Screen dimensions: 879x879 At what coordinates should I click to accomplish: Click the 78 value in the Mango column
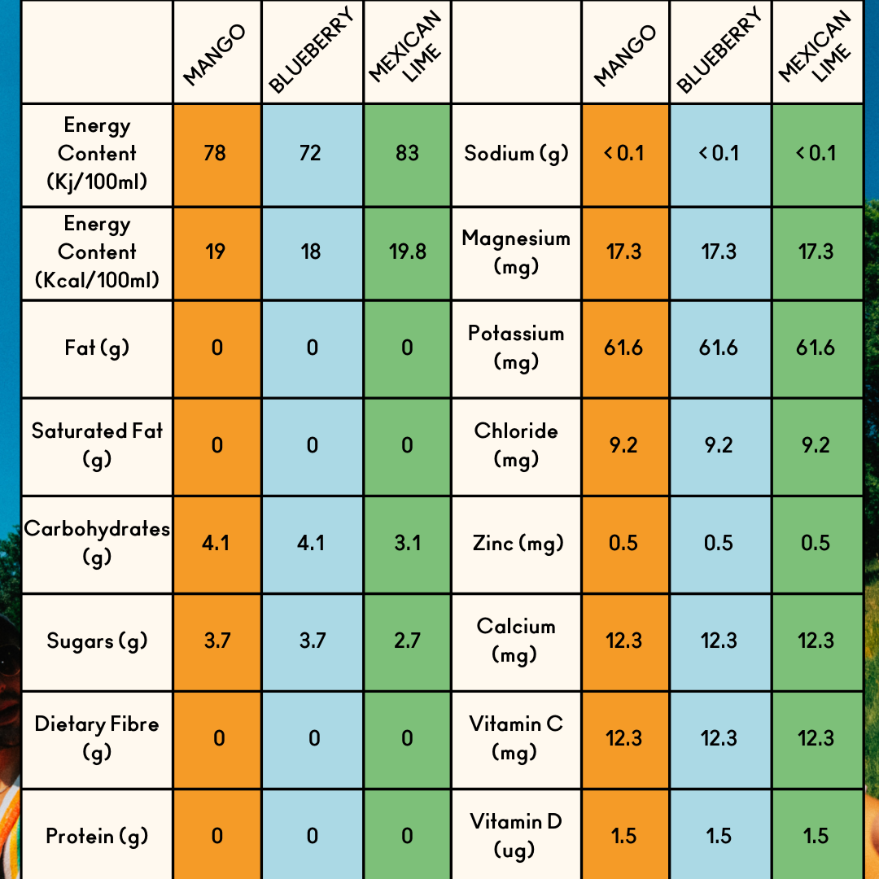pos(215,153)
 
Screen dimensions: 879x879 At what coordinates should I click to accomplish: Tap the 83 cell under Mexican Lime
pos(407,153)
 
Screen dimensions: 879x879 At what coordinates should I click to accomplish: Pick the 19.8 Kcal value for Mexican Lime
pos(407,251)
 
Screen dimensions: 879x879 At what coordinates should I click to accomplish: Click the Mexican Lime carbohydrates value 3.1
pos(407,543)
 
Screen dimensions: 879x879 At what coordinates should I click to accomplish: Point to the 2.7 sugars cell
pos(407,641)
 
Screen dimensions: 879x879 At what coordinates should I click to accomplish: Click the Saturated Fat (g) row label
pos(97,444)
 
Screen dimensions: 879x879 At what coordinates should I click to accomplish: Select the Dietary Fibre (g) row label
pos(97,737)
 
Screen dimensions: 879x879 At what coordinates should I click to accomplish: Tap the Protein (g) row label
pos(97,836)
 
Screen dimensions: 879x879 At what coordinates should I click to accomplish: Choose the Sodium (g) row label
pos(516,153)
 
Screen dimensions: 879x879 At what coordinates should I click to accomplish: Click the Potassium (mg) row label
pos(516,347)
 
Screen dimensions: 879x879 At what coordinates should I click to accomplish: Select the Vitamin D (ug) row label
pos(516,835)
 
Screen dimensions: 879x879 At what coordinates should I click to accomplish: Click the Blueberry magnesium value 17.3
pos(719,251)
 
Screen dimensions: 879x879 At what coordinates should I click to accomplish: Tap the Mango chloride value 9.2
pos(623,445)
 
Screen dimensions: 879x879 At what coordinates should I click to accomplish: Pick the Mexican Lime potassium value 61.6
pos(816,348)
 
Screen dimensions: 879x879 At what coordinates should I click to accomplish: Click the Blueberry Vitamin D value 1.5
pos(719,836)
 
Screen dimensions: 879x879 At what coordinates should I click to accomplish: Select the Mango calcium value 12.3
pos(623,641)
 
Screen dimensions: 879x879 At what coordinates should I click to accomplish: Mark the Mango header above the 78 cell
pos(215,55)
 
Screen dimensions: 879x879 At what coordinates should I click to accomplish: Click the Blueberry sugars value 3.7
pos(312,641)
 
